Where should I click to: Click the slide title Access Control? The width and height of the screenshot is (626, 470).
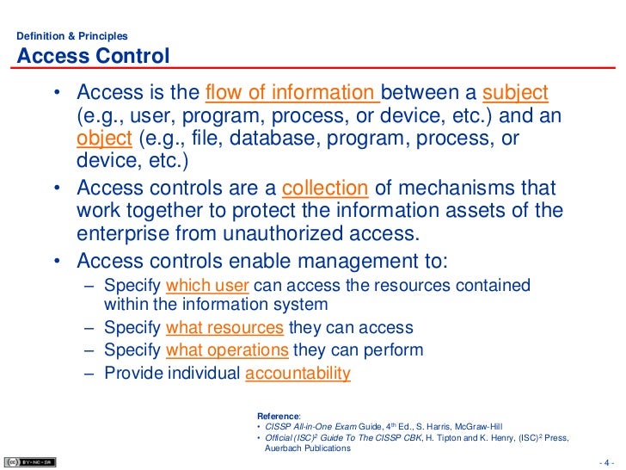(x=93, y=57)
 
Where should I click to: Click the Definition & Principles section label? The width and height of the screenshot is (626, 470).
(x=72, y=36)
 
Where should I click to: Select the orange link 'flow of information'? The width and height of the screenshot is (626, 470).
(x=292, y=93)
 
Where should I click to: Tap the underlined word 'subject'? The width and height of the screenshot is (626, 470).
(x=516, y=93)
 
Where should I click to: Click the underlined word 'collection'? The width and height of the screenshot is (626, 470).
(x=325, y=188)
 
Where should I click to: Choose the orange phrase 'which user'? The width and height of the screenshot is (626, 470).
(x=207, y=286)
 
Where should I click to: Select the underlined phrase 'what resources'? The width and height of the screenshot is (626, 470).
(x=224, y=328)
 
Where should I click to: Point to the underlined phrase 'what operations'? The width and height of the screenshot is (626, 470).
(x=227, y=349)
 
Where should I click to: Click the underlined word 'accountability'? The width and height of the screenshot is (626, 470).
(x=298, y=373)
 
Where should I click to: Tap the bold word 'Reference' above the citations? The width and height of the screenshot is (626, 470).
(x=279, y=415)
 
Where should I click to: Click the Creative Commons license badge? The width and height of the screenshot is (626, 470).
(x=29, y=461)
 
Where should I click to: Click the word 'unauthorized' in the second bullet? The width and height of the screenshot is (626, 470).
(x=284, y=235)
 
